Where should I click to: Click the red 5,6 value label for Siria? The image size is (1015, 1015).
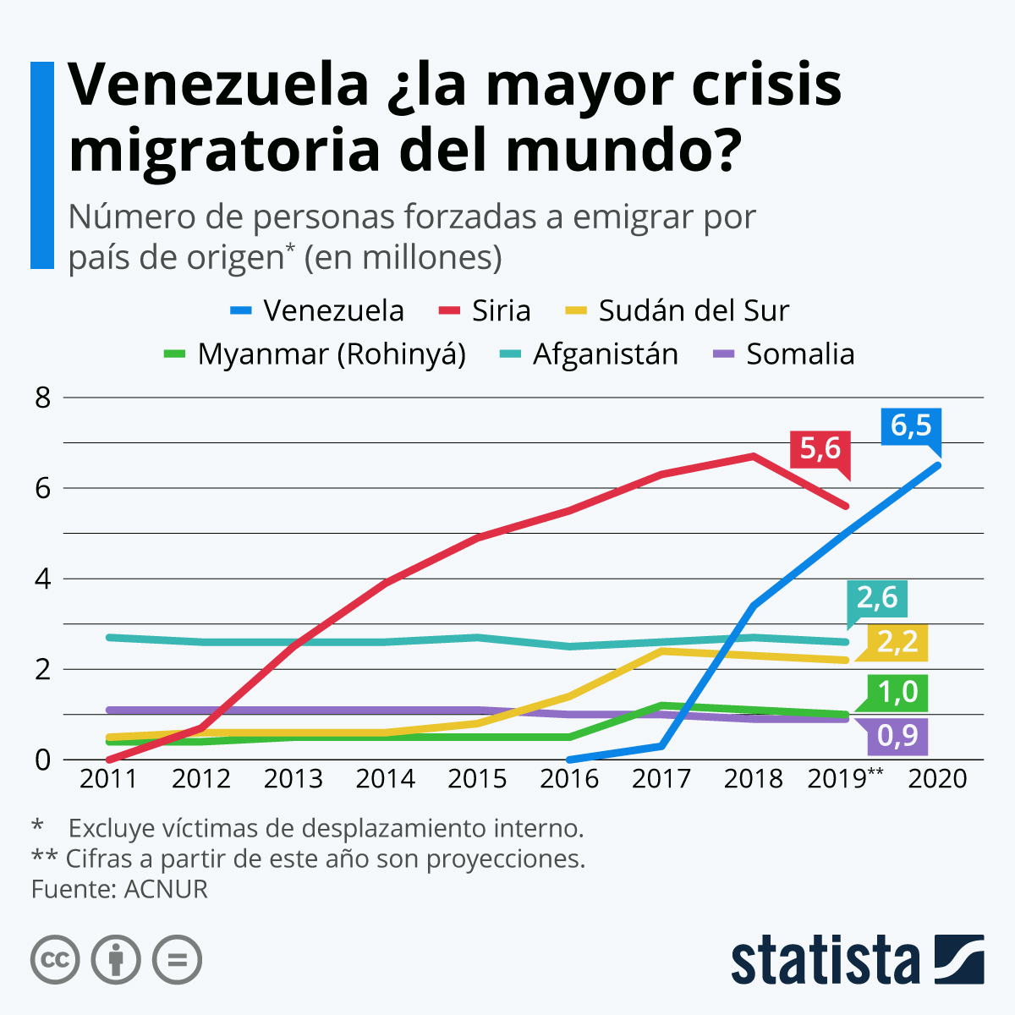click(x=820, y=448)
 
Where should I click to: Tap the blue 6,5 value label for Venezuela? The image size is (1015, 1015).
click(x=910, y=425)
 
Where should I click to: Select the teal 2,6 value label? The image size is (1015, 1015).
click(x=877, y=598)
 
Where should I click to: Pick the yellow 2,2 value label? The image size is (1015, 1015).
click(x=897, y=642)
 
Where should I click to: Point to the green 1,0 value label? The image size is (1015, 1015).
click(x=897, y=693)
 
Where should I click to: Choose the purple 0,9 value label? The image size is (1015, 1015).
click(x=897, y=736)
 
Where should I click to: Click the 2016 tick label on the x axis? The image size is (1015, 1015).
click(x=569, y=778)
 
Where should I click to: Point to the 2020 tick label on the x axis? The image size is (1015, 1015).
click(x=937, y=778)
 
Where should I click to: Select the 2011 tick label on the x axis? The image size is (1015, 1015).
click(x=108, y=778)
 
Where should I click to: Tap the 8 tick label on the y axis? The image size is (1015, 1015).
click(x=43, y=398)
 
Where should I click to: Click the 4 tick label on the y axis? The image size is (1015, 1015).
click(x=43, y=579)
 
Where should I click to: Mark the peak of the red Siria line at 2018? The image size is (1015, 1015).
click(x=753, y=456)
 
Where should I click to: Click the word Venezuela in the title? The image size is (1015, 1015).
click(x=218, y=85)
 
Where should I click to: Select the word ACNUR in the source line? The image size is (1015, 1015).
click(x=165, y=889)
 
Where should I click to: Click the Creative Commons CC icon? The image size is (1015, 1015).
click(x=55, y=960)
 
